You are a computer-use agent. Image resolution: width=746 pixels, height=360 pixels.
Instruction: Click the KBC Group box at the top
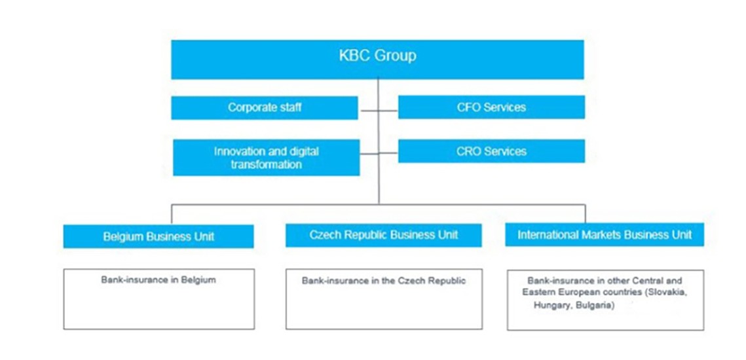point(377,60)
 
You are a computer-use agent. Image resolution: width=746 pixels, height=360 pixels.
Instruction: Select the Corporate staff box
point(265,107)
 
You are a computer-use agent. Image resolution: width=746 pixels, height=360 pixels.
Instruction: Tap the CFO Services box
point(491,107)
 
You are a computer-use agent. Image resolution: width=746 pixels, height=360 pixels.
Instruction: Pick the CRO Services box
point(491,151)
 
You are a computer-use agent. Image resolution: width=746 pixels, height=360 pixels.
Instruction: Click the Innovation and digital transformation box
point(267,157)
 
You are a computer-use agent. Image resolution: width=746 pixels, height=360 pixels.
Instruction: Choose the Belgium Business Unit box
point(159,236)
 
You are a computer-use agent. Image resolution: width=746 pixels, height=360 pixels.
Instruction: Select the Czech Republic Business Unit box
point(383,235)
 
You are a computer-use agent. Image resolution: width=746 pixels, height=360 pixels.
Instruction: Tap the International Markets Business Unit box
point(605,234)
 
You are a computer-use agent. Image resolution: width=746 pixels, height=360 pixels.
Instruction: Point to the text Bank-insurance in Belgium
point(159,280)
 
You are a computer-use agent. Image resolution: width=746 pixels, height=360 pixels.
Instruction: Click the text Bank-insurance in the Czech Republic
point(383,281)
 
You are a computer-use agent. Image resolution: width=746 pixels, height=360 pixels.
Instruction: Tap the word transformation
point(267,164)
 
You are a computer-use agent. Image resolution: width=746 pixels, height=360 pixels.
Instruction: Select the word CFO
point(468,107)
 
